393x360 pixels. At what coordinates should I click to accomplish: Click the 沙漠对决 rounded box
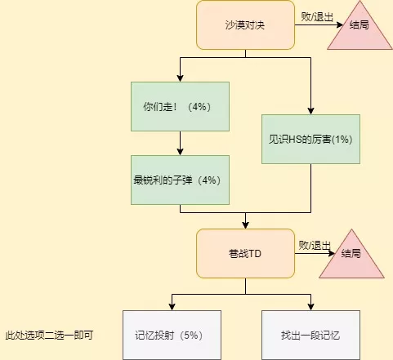point(245,25)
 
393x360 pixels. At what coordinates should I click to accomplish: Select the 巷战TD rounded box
point(245,253)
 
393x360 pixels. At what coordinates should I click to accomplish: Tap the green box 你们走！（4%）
point(180,106)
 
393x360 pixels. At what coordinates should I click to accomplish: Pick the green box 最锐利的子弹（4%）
point(180,180)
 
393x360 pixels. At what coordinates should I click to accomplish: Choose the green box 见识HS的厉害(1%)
point(310,139)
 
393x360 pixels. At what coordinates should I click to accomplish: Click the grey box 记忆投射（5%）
point(172,335)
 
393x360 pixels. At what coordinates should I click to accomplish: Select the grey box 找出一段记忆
point(310,335)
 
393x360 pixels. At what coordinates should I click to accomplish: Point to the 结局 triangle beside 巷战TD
point(351,257)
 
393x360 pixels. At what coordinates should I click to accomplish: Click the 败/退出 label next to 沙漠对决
point(317,17)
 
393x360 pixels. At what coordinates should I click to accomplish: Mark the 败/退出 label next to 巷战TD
point(315,245)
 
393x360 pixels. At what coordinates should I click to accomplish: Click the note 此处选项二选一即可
point(49,335)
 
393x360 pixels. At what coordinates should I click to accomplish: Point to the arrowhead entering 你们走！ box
point(180,78)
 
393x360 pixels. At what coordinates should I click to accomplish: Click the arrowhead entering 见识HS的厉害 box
point(310,111)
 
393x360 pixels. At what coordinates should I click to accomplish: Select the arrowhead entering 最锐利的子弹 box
point(180,152)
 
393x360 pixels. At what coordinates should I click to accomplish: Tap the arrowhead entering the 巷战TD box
point(245,225)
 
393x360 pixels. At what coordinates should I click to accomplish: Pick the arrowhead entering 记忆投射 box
point(172,307)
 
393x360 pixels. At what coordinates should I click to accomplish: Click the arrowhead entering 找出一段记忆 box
point(310,307)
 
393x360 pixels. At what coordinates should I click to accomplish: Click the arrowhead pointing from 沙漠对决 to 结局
point(339,25)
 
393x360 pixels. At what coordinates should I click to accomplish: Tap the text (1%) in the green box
point(342,140)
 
